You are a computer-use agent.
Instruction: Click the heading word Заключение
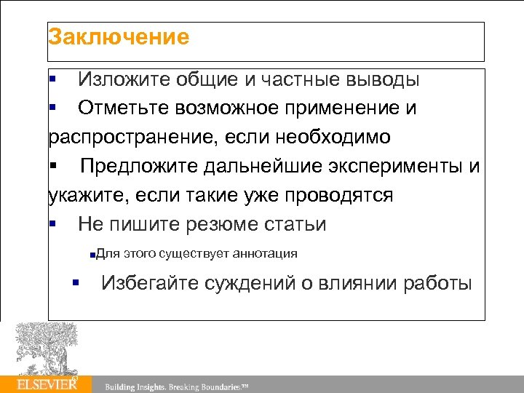[119, 36]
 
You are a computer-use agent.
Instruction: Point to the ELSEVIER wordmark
[47, 384]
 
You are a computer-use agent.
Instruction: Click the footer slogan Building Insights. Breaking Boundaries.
[177, 386]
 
